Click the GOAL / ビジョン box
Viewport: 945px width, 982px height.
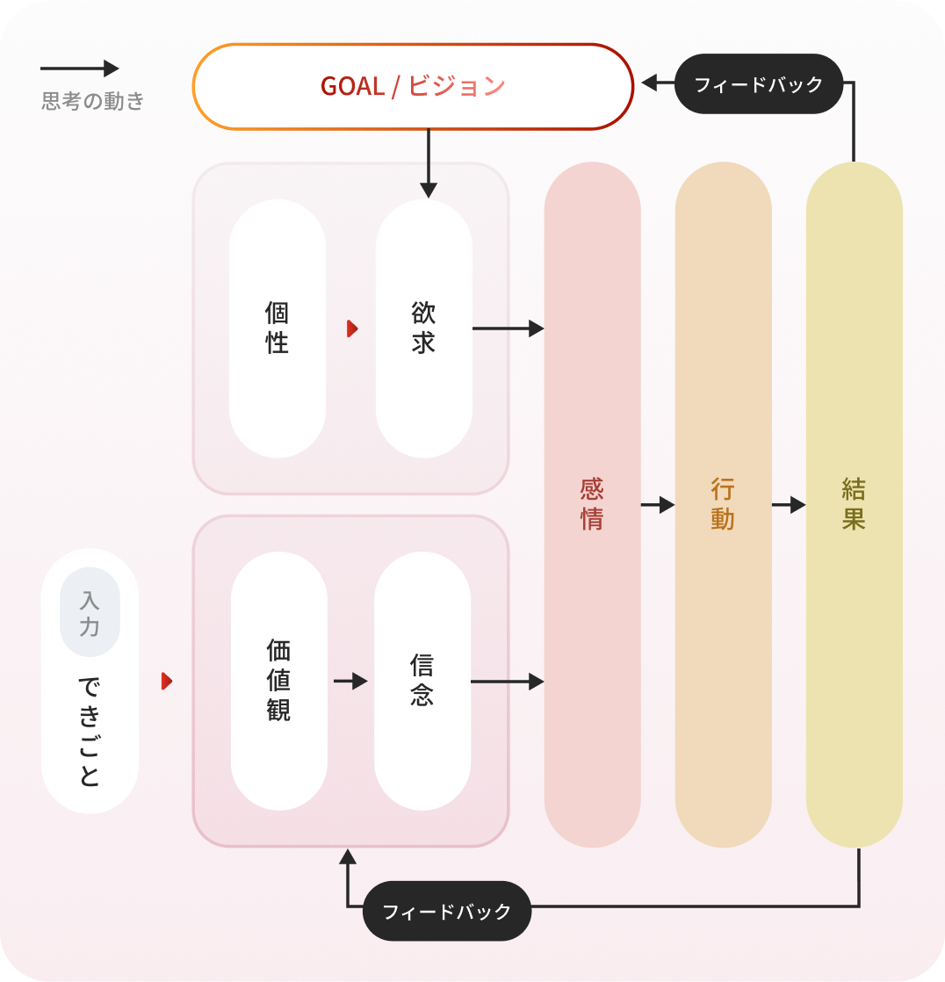coord(413,86)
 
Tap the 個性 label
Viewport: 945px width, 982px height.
coord(277,328)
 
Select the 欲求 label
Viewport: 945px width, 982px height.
coord(423,328)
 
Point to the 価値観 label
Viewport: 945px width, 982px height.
coord(278,681)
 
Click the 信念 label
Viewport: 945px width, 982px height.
coord(422,681)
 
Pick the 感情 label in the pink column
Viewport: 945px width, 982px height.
coord(592,504)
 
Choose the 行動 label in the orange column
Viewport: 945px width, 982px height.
coord(723,504)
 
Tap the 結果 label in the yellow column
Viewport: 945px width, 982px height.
coord(854,504)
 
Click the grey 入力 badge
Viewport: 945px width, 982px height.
coord(90,612)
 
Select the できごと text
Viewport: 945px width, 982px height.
coord(90,731)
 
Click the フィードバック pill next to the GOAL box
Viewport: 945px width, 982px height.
coord(759,84)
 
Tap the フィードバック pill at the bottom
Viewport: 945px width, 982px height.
coord(447,911)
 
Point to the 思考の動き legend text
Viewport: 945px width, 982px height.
coord(93,101)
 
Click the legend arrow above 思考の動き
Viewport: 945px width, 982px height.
coord(79,69)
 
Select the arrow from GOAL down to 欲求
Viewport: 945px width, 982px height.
coord(429,162)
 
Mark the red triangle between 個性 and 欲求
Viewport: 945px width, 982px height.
coord(352,329)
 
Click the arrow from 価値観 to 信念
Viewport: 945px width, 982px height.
coord(350,681)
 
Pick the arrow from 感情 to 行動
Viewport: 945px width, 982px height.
coord(658,505)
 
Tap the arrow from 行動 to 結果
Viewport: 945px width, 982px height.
coord(789,505)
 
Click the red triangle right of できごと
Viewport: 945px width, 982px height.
coord(167,682)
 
